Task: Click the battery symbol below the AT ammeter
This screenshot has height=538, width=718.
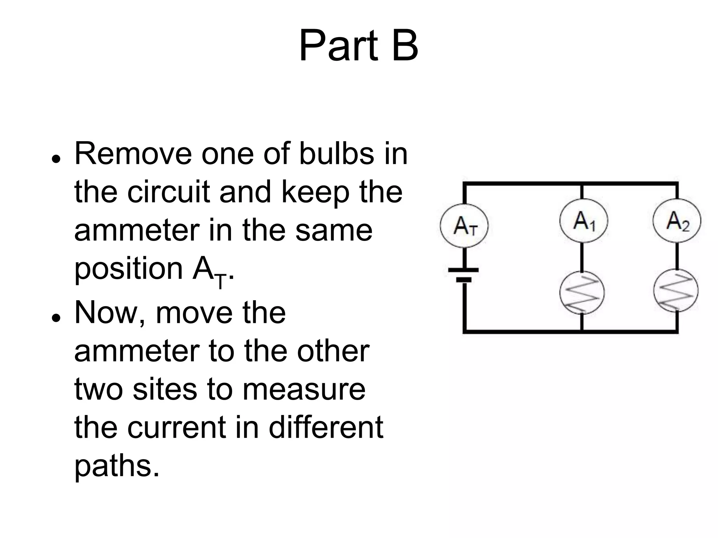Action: point(464,275)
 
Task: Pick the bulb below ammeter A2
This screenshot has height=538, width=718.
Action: point(676,291)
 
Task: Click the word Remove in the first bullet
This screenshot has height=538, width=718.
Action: point(133,154)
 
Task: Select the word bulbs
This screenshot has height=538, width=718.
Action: point(337,154)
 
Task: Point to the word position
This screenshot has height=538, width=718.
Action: point(129,269)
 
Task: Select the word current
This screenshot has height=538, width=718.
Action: point(177,428)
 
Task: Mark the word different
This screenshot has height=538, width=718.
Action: point(326,428)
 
